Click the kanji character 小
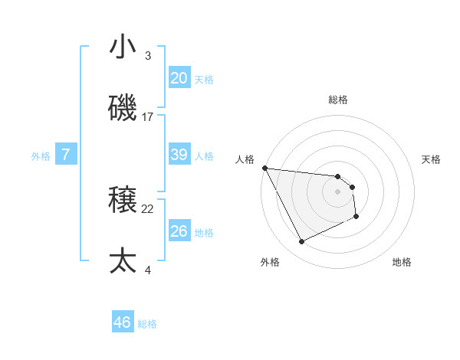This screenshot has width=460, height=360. pyautogui.click(x=123, y=47)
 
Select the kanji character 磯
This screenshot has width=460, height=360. pyautogui.click(x=123, y=110)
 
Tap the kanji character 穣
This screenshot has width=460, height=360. pyautogui.click(x=123, y=201)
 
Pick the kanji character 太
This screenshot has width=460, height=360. pyautogui.click(x=123, y=261)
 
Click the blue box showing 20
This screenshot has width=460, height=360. pyautogui.click(x=179, y=78)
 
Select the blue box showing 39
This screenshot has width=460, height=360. pyautogui.click(x=179, y=155)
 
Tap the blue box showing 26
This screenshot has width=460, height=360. pyautogui.click(x=179, y=231)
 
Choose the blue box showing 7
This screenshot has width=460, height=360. pyautogui.click(x=66, y=155)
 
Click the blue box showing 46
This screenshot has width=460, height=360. pyautogui.click(x=123, y=322)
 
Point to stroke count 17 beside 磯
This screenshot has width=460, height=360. pyautogui.click(x=148, y=117)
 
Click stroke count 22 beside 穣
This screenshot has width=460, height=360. pyautogui.click(x=148, y=208)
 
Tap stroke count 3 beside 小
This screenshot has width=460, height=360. pyautogui.click(x=148, y=56)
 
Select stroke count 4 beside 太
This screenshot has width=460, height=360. pyautogui.click(x=148, y=270)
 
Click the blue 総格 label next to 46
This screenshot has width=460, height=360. pyautogui.click(x=148, y=324)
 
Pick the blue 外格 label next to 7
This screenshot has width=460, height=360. pyautogui.click(x=41, y=156)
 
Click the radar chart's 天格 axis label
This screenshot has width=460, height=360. pyautogui.click(x=432, y=159)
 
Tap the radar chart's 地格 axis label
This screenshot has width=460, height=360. pyautogui.click(x=402, y=262)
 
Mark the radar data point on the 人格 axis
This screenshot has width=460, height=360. pyautogui.click(x=264, y=168)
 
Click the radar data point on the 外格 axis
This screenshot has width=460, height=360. pyautogui.click(x=301, y=242)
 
